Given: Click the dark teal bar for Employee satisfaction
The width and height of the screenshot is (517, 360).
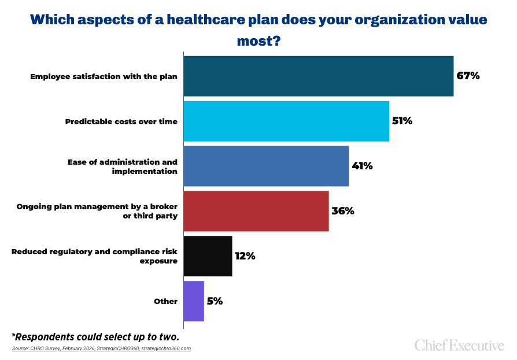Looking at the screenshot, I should [318, 76].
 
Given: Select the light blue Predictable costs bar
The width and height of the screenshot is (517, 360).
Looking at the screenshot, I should [286, 121].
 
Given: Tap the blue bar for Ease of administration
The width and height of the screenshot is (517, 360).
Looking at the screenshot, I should [266, 166].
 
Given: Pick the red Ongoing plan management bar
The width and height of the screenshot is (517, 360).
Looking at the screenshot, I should [256, 211].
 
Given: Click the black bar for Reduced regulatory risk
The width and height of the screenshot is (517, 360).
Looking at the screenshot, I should [208, 256].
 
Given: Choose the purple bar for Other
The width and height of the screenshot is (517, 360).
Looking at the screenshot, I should [194, 301].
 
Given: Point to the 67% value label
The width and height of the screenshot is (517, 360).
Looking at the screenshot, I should [468, 76].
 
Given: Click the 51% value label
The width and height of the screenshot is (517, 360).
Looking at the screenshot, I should [402, 121].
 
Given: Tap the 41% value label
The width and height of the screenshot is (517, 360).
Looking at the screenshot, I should [362, 166].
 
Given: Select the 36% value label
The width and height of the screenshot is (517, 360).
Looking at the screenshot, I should [342, 211].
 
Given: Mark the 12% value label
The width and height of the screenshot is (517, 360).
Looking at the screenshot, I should [245, 256].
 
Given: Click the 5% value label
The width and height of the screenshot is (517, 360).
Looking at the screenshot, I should [215, 301].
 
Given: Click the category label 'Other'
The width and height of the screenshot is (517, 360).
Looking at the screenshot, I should [165, 301].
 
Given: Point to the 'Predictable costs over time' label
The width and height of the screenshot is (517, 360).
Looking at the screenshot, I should [121, 121].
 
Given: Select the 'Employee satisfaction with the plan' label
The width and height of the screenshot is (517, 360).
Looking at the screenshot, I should [104, 76].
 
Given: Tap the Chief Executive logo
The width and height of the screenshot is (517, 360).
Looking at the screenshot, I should [459, 346].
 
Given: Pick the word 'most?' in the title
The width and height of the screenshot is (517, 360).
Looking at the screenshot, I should [258, 41].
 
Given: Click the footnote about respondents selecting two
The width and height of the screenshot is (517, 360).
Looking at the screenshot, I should [95, 336].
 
